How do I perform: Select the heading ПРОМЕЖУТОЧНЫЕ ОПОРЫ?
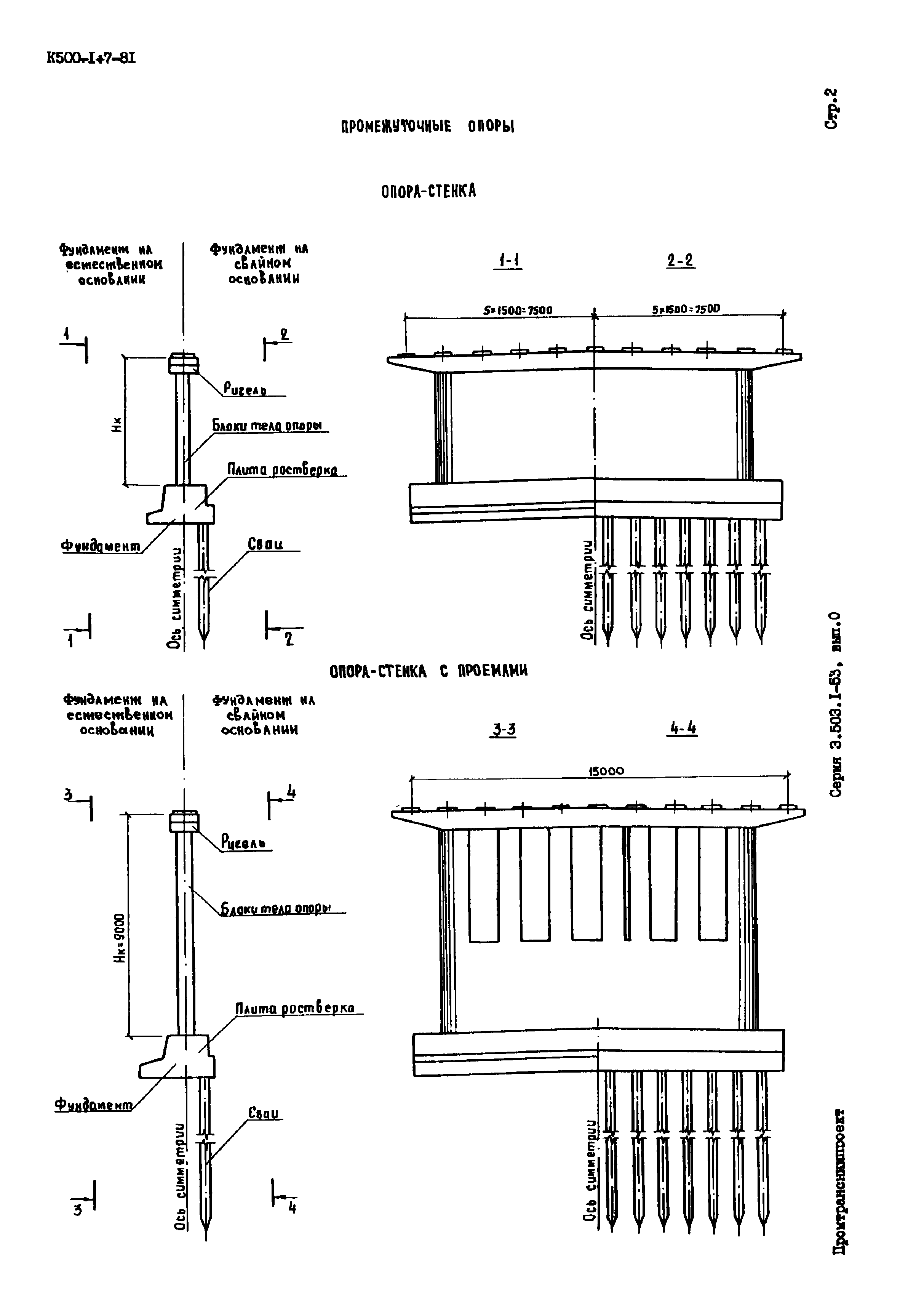pyautogui.click(x=427, y=126)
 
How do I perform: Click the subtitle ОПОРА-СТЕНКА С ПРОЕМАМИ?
pyautogui.click(x=428, y=671)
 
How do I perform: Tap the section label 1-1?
pyautogui.click(x=508, y=261)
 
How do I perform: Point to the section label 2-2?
pyautogui.click(x=681, y=261)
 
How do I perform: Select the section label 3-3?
pyautogui.click(x=504, y=730)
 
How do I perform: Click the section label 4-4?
pyautogui.click(x=683, y=729)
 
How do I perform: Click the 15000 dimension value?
pyautogui.click(x=606, y=771)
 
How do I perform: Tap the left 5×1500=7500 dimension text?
pyautogui.click(x=518, y=310)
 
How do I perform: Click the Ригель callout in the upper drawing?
pyautogui.click(x=245, y=389)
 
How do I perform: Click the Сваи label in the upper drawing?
pyautogui.click(x=265, y=544)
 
